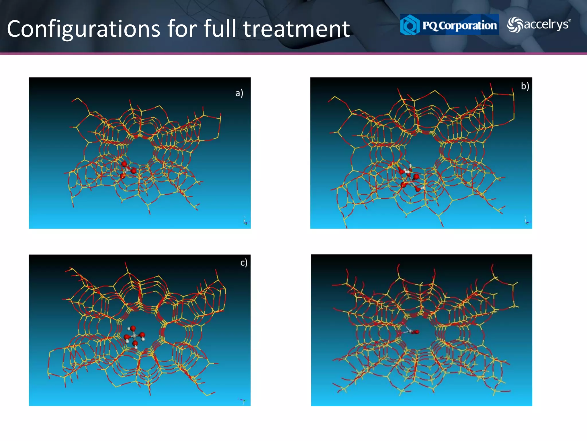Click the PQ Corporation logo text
tap(459, 25)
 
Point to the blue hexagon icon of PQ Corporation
tap(410, 25)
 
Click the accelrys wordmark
tap(546, 24)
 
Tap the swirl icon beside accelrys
tap(514, 25)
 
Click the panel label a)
tap(239, 93)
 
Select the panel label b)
tap(525, 86)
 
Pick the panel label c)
tap(244, 262)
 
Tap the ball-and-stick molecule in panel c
tap(134, 336)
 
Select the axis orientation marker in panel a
tap(246, 221)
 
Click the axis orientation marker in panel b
tap(527, 221)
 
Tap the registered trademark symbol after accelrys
tap(570, 20)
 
